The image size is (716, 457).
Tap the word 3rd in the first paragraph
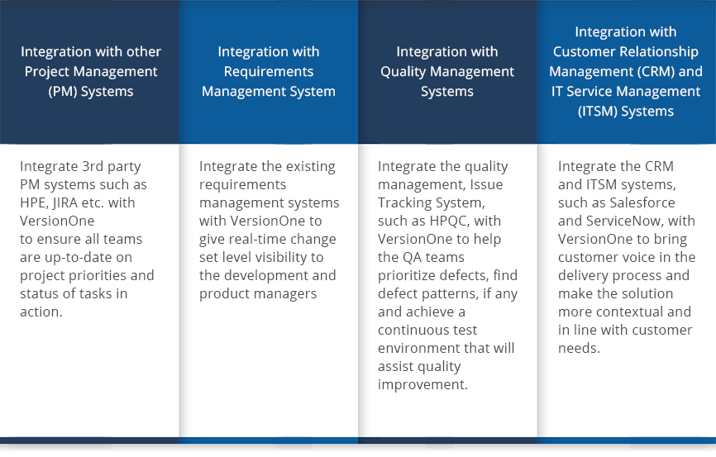[x=93, y=166]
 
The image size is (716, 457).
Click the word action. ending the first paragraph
[x=41, y=312]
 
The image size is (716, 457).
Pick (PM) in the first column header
[x=63, y=92]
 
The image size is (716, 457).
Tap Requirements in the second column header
[x=269, y=72]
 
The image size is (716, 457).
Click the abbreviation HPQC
[x=450, y=221]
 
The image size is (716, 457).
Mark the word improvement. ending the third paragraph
[x=422, y=385]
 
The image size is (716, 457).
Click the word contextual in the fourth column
[x=629, y=312]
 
